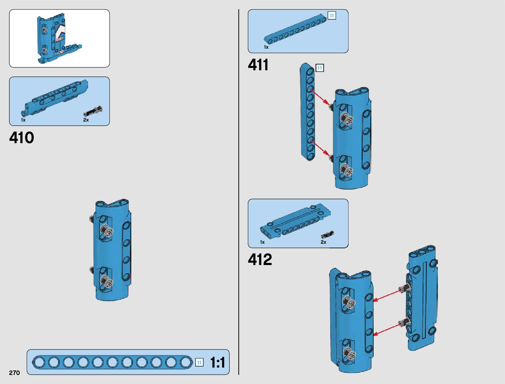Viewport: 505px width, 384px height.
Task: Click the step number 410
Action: (x=22, y=138)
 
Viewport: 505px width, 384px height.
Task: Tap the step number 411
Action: (x=258, y=65)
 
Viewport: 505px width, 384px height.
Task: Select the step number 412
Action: (x=260, y=260)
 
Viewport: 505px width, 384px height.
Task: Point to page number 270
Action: (x=15, y=373)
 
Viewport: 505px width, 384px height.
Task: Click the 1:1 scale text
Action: (x=217, y=363)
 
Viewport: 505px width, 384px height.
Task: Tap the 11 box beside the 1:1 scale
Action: (x=199, y=362)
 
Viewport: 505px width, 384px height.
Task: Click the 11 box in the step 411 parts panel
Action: (x=332, y=15)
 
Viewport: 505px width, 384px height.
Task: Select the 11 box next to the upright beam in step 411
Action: (x=319, y=68)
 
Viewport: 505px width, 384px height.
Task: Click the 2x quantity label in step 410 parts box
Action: (x=86, y=120)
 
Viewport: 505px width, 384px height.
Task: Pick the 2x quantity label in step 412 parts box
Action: (x=323, y=242)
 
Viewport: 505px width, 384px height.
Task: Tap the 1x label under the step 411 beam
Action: (x=266, y=47)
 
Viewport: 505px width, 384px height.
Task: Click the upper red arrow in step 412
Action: (x=387, y=296)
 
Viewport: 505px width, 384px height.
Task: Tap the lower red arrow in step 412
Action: (x=387, y=330)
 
